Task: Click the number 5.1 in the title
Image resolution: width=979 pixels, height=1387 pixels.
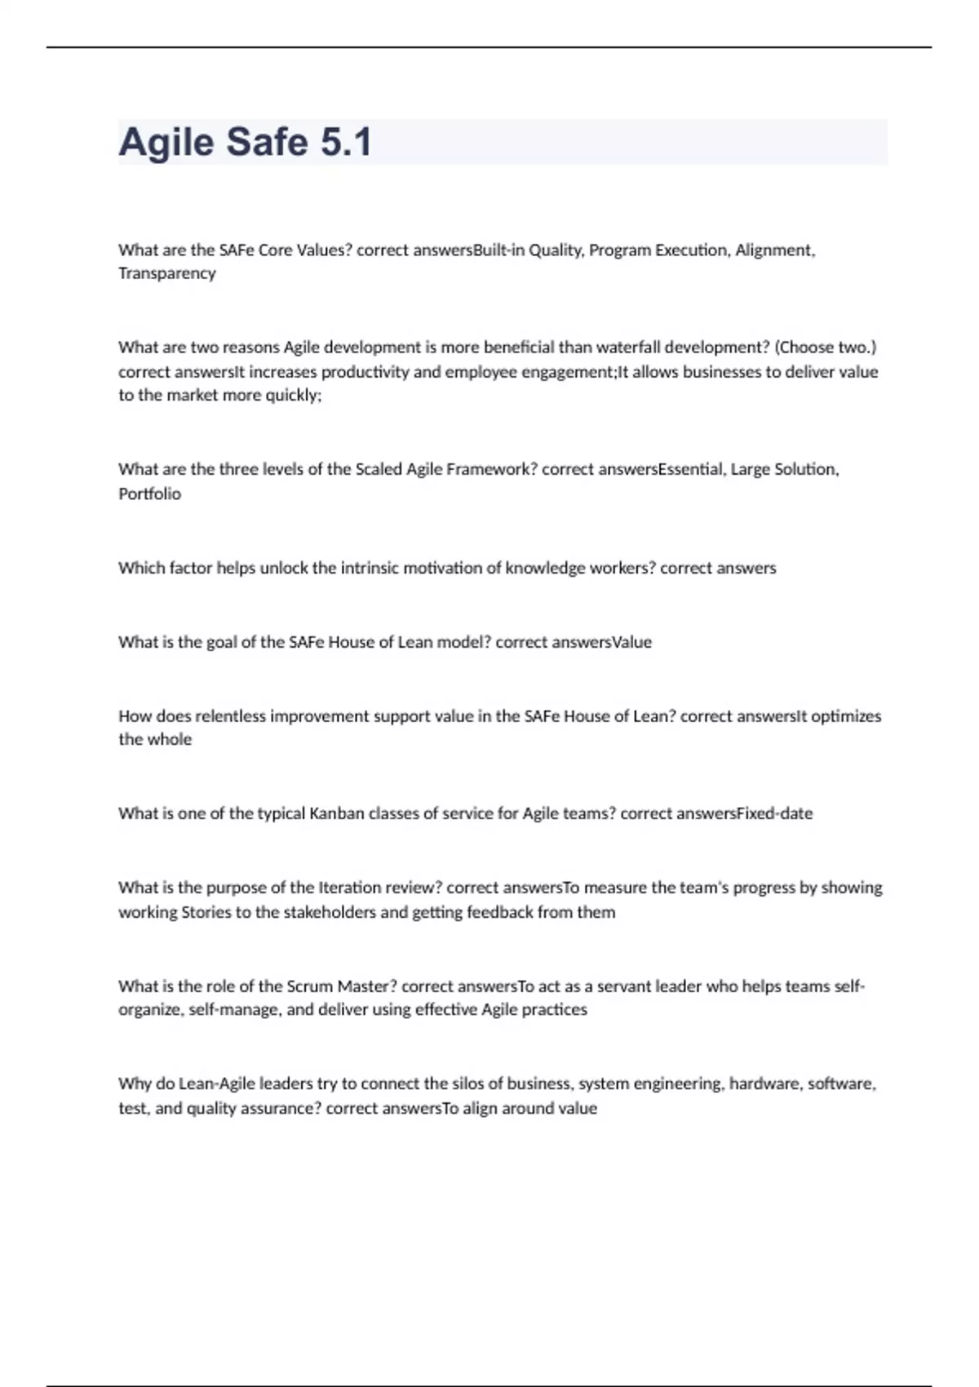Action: (346, 142)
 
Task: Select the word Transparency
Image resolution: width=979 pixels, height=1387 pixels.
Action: (167, 273)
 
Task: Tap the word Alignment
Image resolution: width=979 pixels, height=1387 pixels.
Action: (775, 250)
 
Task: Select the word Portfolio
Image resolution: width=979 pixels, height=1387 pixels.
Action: (149, 494)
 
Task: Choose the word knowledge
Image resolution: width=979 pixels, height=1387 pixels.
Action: (548, 568)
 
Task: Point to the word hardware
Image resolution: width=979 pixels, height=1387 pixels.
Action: (764, 1084)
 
